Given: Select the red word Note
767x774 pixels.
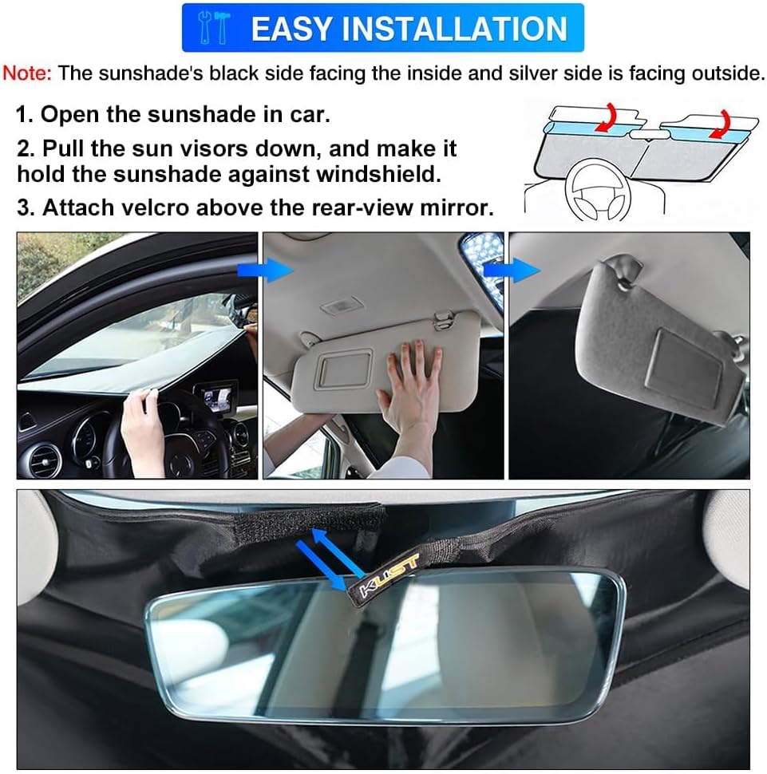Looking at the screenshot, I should tap(27, 74).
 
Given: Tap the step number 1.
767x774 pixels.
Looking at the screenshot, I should tap(23, 114).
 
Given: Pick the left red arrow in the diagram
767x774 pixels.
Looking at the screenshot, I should tap(607, 116).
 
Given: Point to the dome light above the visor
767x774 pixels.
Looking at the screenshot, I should tap(334, 307).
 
